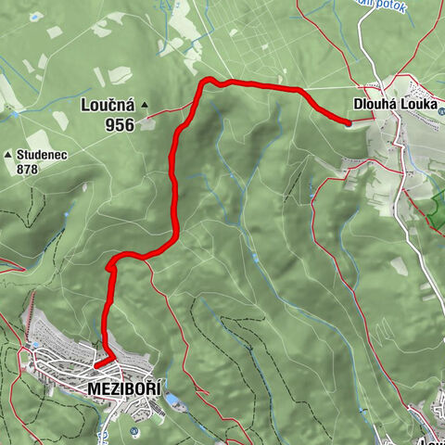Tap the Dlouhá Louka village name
[394, 105]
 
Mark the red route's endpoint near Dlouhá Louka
[348, 121]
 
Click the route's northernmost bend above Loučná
[208, 80]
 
